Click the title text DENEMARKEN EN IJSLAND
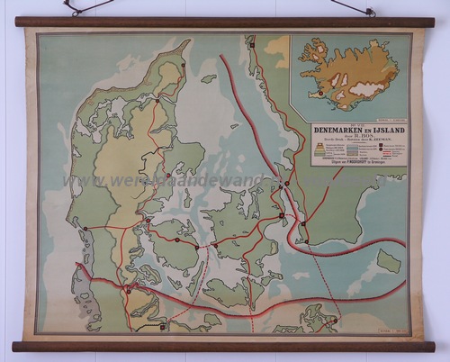click(x=358, y=131)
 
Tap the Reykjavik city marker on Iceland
click(x=318, y=93)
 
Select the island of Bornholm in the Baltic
click(x=388, y=260)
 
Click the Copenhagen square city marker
click(x=282, y=215)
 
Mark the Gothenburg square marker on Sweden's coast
click(x=255, y=43)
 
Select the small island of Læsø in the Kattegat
click(x=209, y=79)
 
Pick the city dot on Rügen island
click(x=334, y=318)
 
